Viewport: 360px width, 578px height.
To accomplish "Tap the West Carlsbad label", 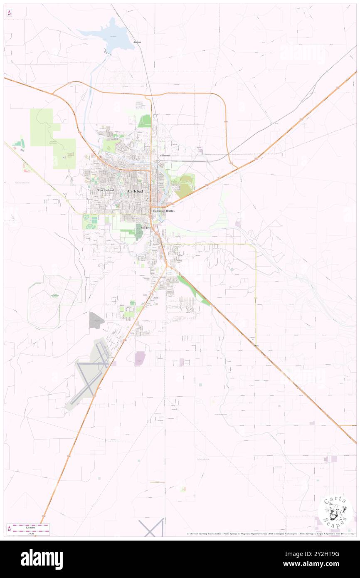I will [106, 190].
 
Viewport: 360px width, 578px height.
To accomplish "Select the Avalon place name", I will [138, 42].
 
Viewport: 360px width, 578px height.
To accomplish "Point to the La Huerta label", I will [164, 155].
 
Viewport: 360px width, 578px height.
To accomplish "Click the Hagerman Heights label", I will [164, 211].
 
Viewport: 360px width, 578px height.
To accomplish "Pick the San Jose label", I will [146, 228].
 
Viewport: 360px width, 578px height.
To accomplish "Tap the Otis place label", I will [256, 346].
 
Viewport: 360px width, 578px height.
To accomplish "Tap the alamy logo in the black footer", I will [42, 559].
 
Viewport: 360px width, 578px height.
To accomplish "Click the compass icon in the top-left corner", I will [9, 12].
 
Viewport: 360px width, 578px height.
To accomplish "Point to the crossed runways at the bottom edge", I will [152, 528].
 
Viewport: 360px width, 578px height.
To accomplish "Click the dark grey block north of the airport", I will [96, 320].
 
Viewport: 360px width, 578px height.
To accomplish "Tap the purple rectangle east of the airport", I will [140, 358].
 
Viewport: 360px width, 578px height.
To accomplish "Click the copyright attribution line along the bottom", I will [270, 534].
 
